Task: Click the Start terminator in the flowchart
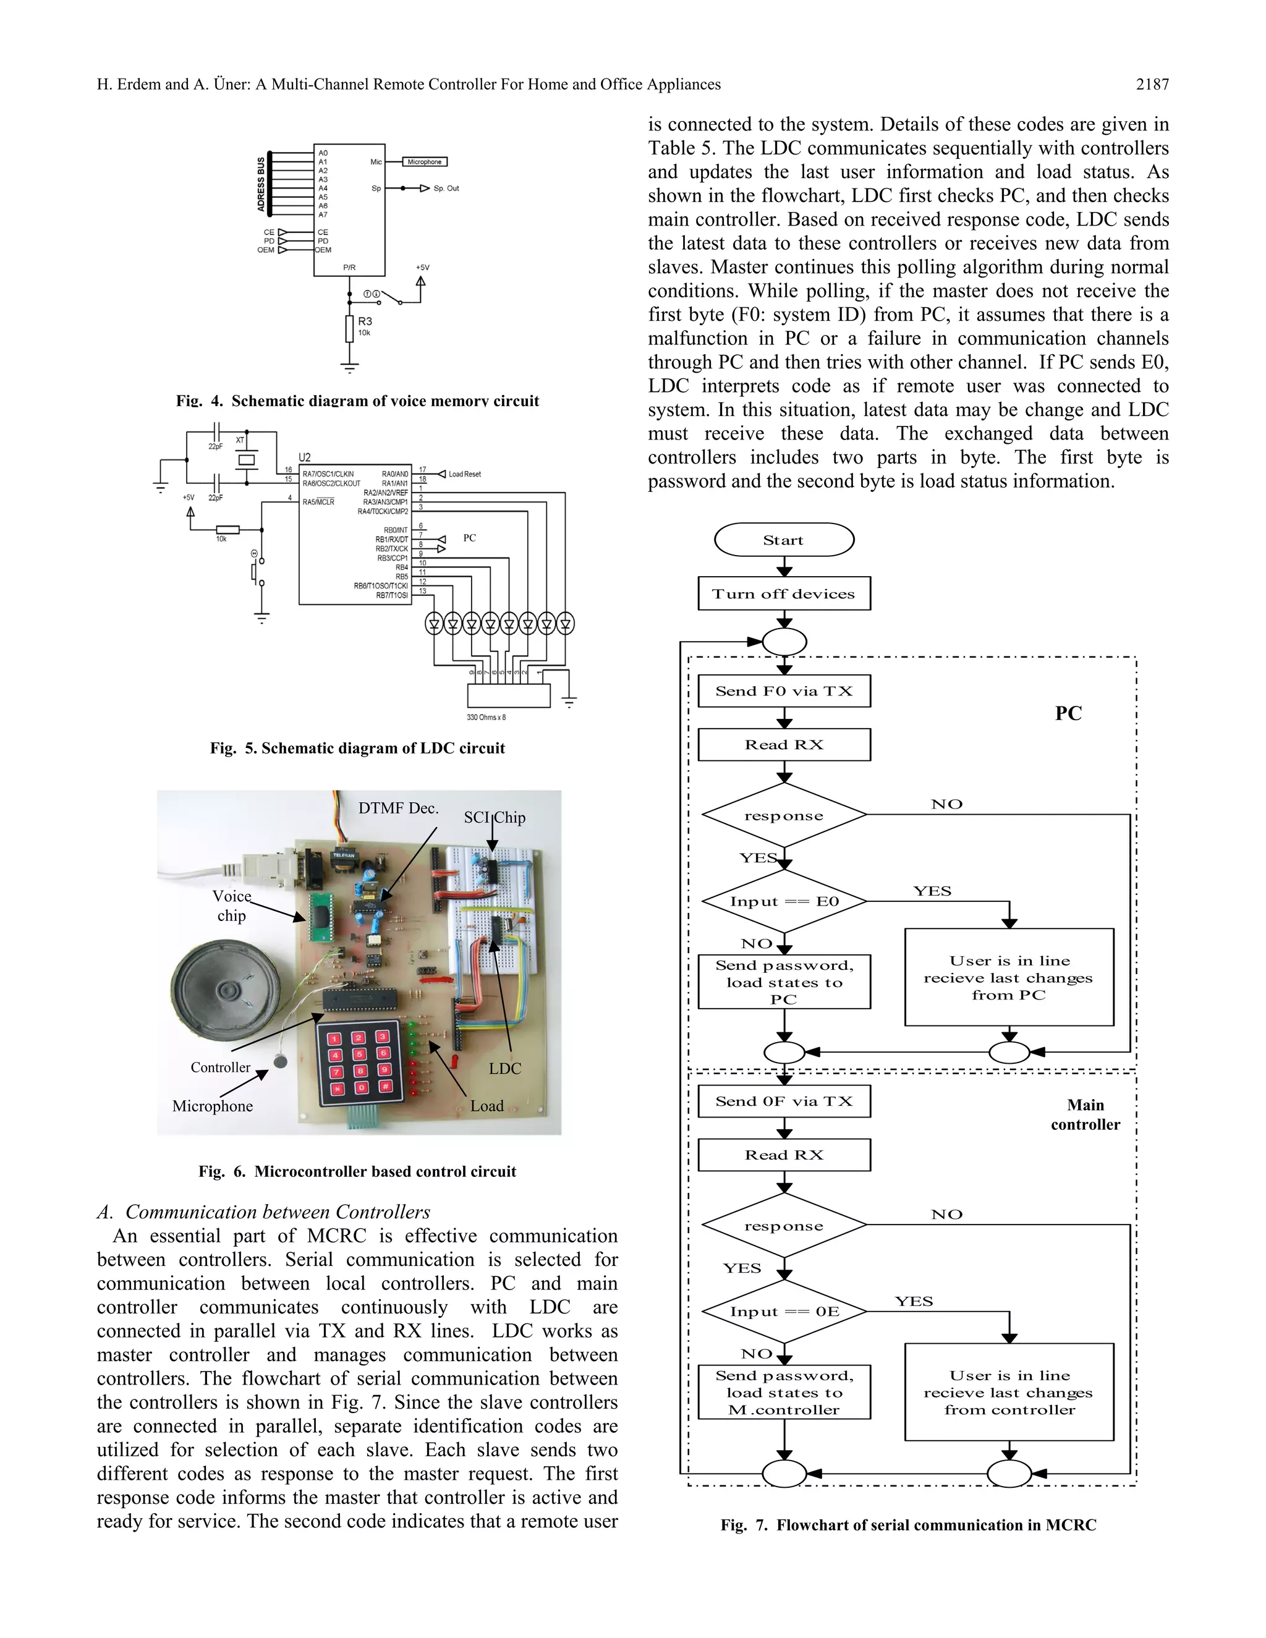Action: point(784,540)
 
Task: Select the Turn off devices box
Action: point(784,593)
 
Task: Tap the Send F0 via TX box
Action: point(784,691)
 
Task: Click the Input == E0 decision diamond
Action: point(784,901)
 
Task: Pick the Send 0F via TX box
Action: point(784,1101)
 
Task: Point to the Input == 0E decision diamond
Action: point(784,1311)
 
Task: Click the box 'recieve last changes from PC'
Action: point(1009,977)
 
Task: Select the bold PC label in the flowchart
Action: point(1068,713)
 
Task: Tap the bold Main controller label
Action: point(1085,1114)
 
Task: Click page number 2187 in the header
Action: point(1152,85)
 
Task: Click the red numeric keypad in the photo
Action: point(359,1062)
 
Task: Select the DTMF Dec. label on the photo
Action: point(397,808)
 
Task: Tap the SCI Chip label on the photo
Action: point(495,818)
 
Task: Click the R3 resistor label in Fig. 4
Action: point(365,321)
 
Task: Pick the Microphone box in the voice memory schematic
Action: point(425,162)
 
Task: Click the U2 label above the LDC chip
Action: point(305,457)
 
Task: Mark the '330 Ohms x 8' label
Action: point(486,717)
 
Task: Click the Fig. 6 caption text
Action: point(357,1171)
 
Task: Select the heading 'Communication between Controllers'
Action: point(277,1212)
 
